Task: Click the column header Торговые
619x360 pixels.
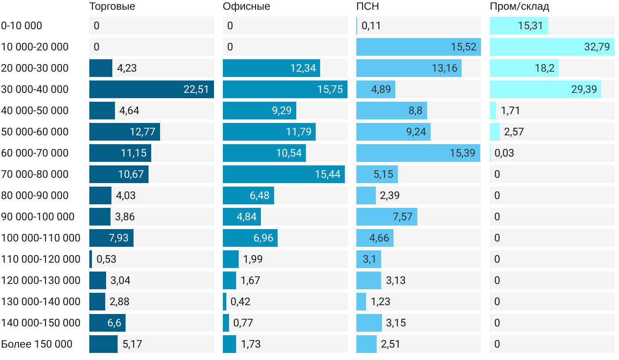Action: tap(112, 6)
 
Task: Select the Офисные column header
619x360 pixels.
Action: tap(246, 6)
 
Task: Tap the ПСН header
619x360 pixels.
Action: tap(367, 6)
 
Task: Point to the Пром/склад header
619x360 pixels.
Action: tap(520, 6)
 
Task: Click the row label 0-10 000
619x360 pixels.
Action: tap(22, 26)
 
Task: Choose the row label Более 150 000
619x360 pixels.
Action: tap(37, 344)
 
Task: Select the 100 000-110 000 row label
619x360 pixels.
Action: tap(41, 238)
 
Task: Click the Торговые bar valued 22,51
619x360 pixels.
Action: tap(152, 89)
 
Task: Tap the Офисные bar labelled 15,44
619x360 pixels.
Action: tap(284, 174)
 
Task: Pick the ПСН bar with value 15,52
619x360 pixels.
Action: tap(418, 47)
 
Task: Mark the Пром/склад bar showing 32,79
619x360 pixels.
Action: tap(552, 47)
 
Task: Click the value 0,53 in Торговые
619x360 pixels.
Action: tap(106, 259)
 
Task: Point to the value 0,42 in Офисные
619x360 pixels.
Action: tap(241, 302)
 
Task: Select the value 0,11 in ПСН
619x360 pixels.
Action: tap(371, 26)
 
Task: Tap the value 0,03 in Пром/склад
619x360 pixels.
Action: tap(504, 153)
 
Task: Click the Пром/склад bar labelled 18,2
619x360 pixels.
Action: tap(524, 68)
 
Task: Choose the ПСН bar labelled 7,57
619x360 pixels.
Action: tap(387, 217)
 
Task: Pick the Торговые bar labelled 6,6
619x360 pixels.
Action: tap(107, 323)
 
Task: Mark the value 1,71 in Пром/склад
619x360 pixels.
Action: tap(510, 111)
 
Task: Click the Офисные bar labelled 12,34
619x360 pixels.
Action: tap(271, 68)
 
